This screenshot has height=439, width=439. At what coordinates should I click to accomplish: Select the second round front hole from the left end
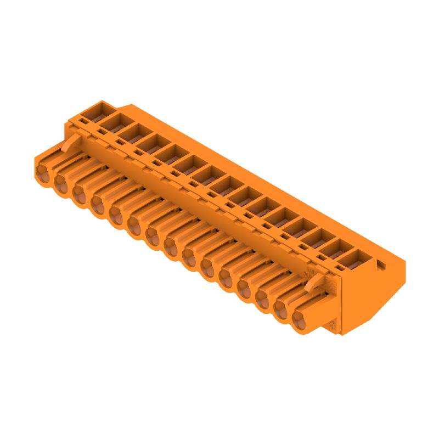point(61,184)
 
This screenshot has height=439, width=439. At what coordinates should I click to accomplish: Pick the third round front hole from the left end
point(80,194)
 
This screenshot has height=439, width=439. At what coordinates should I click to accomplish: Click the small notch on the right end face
point(381,266)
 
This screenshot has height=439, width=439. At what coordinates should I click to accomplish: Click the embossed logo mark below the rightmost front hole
point(331,325)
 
